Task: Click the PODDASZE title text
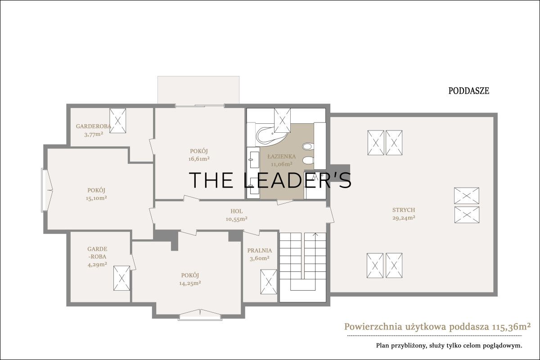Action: [x=468, y=91]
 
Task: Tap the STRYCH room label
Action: [x=404, y=210]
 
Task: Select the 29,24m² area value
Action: [x=404, y=218]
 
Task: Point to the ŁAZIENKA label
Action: [x=282, y=157]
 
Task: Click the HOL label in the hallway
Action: [x=237, y=211]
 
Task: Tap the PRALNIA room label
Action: [x=260, y=251]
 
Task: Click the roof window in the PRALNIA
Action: [x=269, y=282]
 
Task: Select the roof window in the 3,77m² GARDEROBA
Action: [x=117, y=121]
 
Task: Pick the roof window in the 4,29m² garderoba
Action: [x=122, y=278]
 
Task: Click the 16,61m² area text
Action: [x=199, y=159]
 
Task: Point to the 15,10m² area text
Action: [x=96, y=198]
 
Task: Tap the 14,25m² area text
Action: [x=190, y=283]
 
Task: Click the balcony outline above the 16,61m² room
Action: [x=198, y=76]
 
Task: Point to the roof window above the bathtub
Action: [x=282, y=120]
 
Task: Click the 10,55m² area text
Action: [x=237, y=219]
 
